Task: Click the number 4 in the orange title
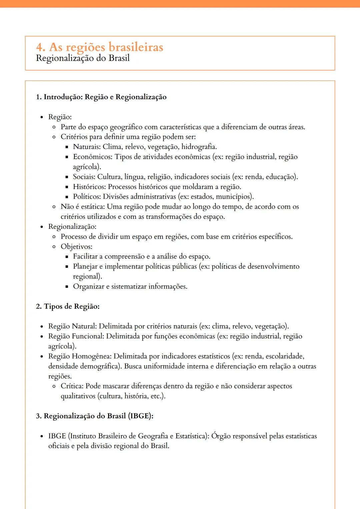click(x=40, y=47)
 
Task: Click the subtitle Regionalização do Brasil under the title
click(x=83, y=58)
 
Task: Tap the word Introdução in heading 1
click(x=63, y=97)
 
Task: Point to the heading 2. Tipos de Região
click(x=68, y=306)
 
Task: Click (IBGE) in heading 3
click(x=141, y=416)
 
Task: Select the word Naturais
click(x=86, y=147)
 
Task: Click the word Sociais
click(x=84, y=177)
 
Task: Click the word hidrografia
click(x=199, y=147)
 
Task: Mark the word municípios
click(x=234, y=197)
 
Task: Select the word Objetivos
click(x=76, y=247)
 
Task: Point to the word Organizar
click(x=88, y=286)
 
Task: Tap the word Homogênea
click(x=91, y=356)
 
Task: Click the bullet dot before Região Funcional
click(x=42, y=337)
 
